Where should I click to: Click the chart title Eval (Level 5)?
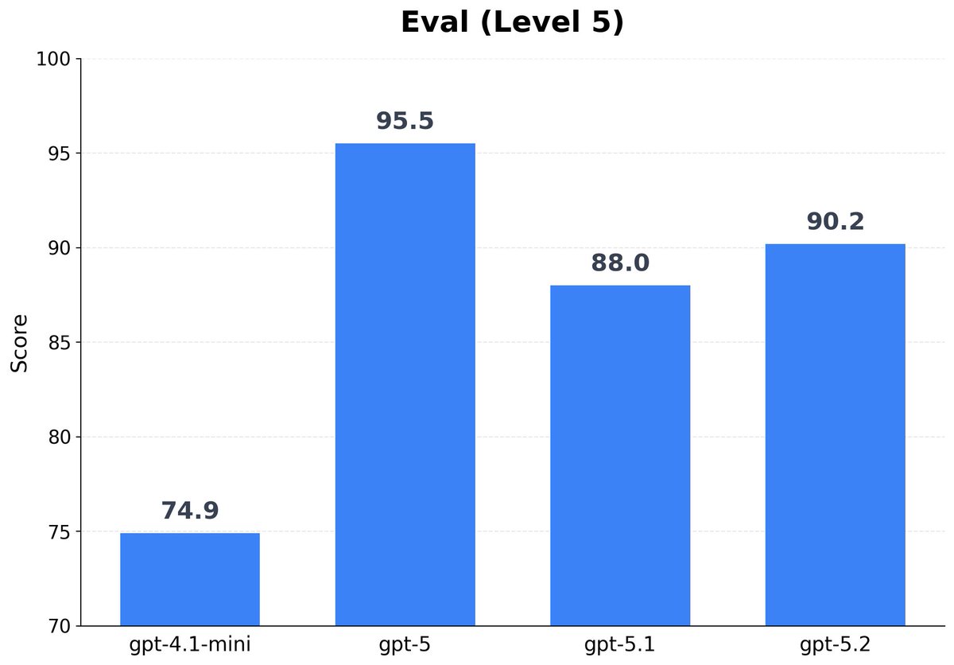pyautogui.click(x=512, y=22)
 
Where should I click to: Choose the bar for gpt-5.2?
pyautogui.click(x=835, y=434)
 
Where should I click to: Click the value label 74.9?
pyautogui.click(x=190, y=511)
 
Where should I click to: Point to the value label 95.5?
pyautogui.click(x=405, y=122)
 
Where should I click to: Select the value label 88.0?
pyautogui.click(x=620, y=263)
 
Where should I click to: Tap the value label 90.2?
pyautogui.click(x=835, y=222)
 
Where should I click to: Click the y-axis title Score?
pyautogui.click(x=20, y=343)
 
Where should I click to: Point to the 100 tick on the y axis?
pyautogui.click(x=54, y=60)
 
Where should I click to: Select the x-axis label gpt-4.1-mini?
pyautogui.click(x=190, y=645)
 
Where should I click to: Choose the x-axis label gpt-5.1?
pyautogui.click(x=620, y=645)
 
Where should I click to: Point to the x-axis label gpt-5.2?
pyautogui.click(x=835, y=645)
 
